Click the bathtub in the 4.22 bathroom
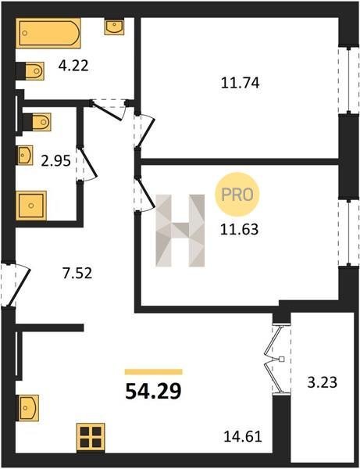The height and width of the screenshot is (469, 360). (48, 33)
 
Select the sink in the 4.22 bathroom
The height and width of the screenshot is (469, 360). (114, 27)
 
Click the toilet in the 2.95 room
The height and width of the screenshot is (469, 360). (37, 122)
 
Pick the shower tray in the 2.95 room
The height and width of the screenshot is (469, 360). (31, 206)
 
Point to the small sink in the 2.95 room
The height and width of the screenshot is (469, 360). (24, 156)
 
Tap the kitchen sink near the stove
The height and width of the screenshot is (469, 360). (28, 408)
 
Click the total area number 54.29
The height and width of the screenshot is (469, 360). (153, 392)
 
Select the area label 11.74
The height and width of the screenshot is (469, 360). (241, 83)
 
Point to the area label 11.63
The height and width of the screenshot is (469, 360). (239, 230)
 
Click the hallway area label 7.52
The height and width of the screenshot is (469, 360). (77, 273)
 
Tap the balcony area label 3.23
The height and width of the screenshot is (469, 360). (323, 382)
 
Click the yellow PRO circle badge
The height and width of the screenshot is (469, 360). (237, 195)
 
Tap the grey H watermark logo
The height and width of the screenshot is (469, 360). (180, 231)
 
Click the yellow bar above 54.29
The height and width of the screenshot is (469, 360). (154, 372)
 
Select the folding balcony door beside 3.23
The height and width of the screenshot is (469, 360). (278, 359)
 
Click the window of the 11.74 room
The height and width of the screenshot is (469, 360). (348, 81)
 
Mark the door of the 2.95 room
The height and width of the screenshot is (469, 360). (87, 163)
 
